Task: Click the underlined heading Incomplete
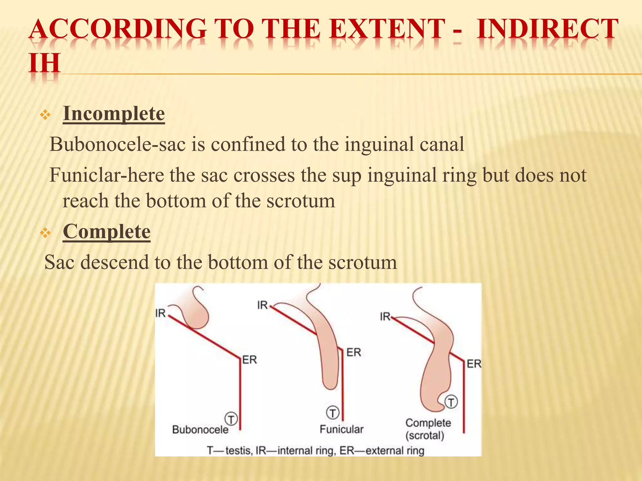tap(113, 114)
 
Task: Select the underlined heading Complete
tap(107, 232)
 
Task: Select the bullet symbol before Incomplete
tap(45, 116)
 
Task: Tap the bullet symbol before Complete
tap(45, 233)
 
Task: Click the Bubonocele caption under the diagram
tap(200, 429)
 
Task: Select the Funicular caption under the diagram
tap(341, 429)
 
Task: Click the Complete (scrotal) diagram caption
tap(428, 429)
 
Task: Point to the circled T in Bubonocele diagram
tap(231, 419)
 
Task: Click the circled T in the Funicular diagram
tap(333, 412)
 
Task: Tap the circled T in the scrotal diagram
tap(451, 402)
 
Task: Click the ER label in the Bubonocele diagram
tap(250, 360)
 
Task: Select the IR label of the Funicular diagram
tap(262, 305)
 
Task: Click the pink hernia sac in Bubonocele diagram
tap(197, 316)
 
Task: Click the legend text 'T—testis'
tap(229, 451)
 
